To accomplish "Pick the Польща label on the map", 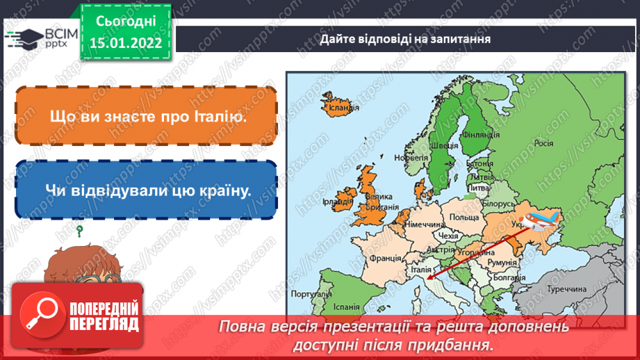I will pyautogui.click(x=463, y=218).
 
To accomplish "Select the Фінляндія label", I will pyautogui.click(x=477, y=134).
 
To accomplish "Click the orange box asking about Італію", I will pyautogui.click(x=145, y=116).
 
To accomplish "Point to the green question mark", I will pyautogui.click(x=80, y=229).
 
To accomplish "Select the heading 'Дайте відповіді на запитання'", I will pyautogui.click(x=406, y=39).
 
